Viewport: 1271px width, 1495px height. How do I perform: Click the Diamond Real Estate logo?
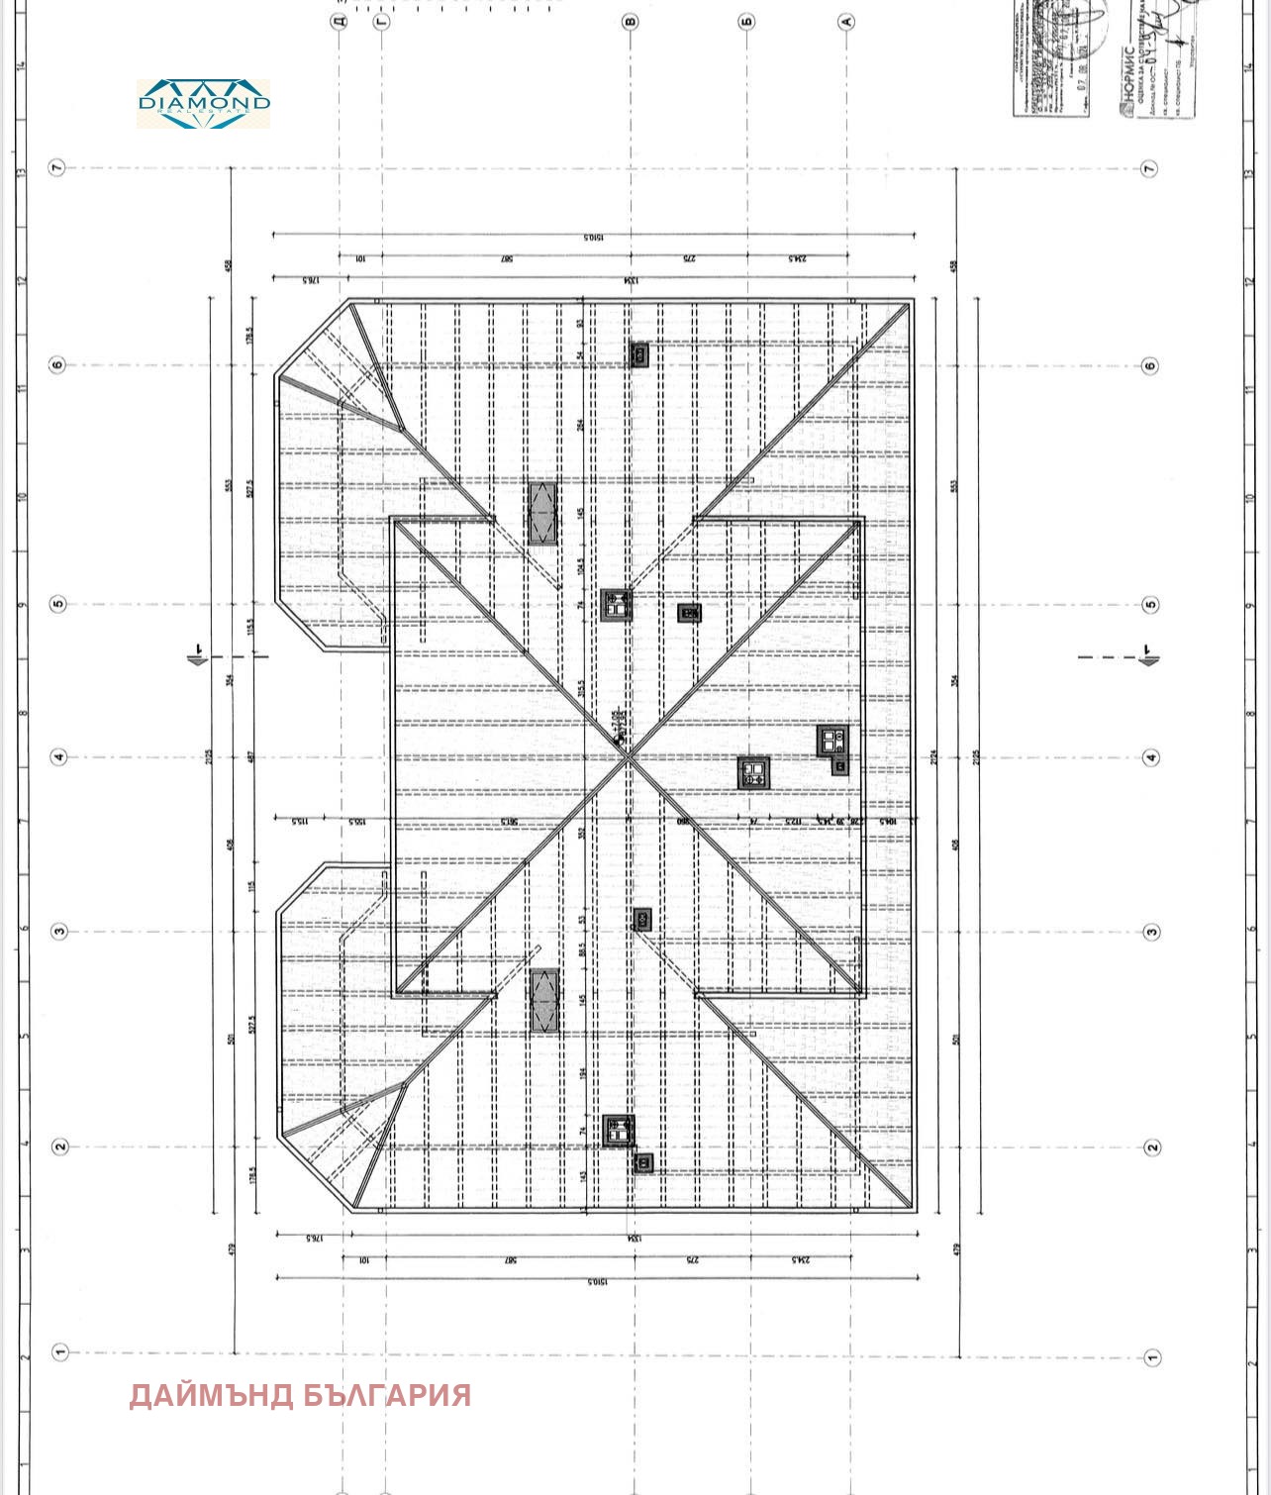coord(203,103)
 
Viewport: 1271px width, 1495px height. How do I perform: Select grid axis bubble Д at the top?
coord(340,20)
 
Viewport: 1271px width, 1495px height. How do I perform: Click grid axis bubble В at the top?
coord(631,20)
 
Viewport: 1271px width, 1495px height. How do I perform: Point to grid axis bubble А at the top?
coord(846,20)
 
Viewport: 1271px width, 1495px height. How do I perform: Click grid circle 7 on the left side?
coord(57,167)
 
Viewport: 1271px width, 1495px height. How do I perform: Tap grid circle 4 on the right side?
coord(1149,758)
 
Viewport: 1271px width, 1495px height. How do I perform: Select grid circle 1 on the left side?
coord(58,1352)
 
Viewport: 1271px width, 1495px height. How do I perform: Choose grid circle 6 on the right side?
coord(1149,365)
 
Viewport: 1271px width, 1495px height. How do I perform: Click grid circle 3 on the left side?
coord(58,932)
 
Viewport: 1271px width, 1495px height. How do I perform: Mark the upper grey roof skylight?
coord(541,513)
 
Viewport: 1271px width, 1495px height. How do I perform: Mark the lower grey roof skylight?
coord(543,1001)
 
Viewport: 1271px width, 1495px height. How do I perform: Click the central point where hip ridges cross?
coord(630,755)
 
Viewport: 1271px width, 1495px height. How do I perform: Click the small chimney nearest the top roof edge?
coord(639,354)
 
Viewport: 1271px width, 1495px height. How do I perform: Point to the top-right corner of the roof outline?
coord(913,300)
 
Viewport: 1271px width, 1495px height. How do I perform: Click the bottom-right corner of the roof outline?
coord(913,1211)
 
